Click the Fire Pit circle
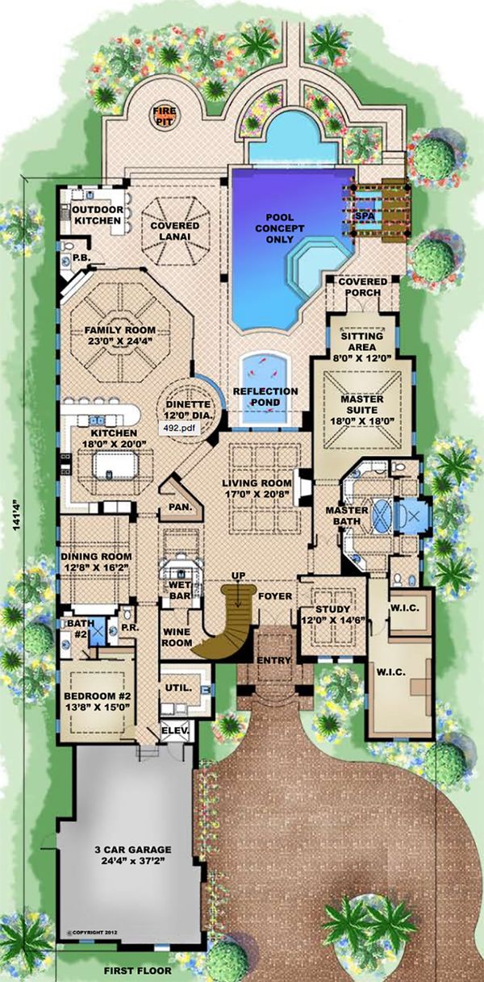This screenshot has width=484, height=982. (165, 115)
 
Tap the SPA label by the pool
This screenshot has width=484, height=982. (364, 217)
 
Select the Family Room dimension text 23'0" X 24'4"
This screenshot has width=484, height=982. (119, 341)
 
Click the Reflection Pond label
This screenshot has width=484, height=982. (265, 397)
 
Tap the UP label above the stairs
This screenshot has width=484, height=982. (240, 575)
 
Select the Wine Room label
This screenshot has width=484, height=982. (177, 637)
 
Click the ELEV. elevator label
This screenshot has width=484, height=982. (175, 731)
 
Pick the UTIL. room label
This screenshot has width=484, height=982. (178, 687)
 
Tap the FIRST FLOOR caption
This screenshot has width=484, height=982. (138, 971)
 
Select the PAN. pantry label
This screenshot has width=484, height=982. (181, 508)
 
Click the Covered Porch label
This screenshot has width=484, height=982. (363, 286)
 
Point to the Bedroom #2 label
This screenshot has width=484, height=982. (97, 696)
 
